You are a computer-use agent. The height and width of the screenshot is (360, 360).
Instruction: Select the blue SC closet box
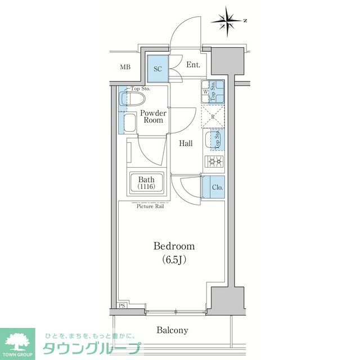(158, 69)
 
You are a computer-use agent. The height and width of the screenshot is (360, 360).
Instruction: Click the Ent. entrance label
(193, 65)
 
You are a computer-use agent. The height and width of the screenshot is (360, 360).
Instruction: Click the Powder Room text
(153, 116)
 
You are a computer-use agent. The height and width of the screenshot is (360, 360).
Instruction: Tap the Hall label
(186, 143)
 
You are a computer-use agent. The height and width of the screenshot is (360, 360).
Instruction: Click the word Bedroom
(174, 246)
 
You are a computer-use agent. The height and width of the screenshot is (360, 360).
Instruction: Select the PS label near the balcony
(121, 306)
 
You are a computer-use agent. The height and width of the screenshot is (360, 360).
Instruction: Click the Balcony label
(172, 330)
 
